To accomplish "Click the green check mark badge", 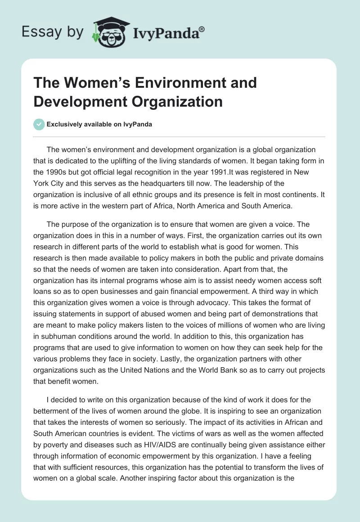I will tap(39, 124).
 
